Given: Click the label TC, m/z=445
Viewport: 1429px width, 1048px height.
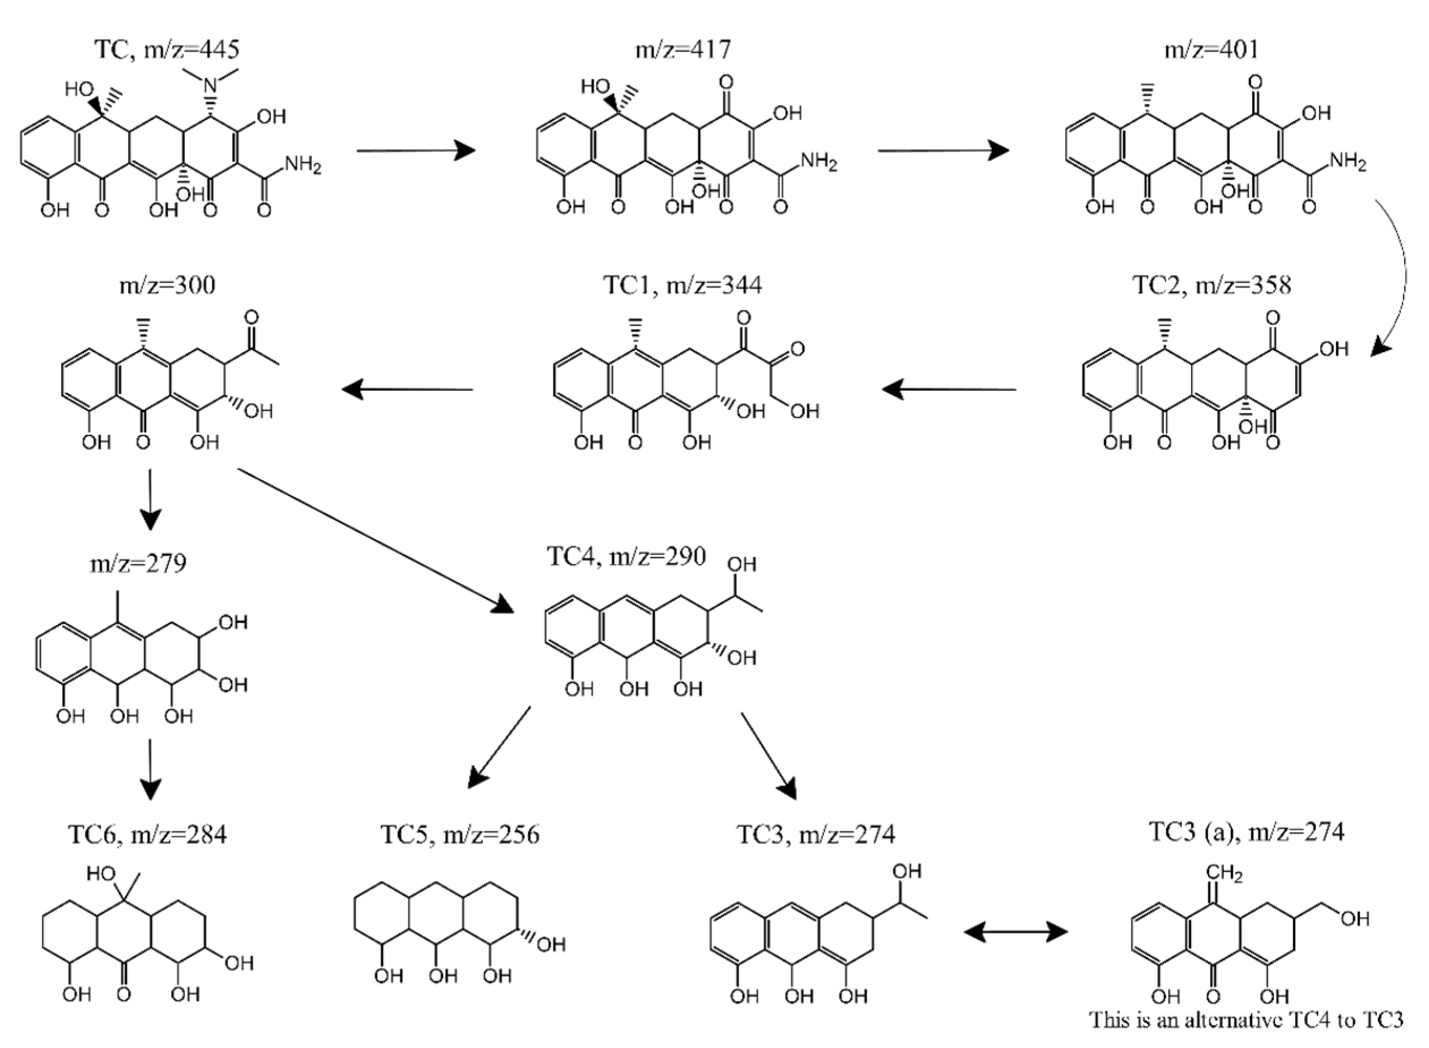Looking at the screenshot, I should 167,49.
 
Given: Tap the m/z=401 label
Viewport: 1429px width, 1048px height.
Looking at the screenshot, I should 1212,49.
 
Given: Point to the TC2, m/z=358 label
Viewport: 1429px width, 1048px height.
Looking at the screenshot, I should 1212,285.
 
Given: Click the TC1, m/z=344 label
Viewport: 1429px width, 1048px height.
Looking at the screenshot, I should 682,285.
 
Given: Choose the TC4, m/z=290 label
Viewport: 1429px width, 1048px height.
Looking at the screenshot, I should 626,557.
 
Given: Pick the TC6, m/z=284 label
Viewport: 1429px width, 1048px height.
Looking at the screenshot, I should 147,833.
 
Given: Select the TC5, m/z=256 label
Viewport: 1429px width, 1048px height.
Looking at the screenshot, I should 460,833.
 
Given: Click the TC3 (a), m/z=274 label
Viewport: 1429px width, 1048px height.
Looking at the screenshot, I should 1246,831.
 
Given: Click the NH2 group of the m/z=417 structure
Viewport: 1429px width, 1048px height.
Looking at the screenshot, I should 818,162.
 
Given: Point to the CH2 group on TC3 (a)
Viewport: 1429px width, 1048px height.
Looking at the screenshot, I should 1225,874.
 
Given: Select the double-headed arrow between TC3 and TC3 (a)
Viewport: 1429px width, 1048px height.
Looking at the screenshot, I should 1016,932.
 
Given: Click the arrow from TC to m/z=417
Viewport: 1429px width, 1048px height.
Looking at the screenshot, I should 416,151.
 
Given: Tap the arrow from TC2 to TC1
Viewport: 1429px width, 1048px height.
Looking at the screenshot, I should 949,390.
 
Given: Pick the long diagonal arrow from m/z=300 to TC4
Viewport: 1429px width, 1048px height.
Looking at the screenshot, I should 374,541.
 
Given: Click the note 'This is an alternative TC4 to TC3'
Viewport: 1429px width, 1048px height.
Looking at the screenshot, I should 1246,1020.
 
